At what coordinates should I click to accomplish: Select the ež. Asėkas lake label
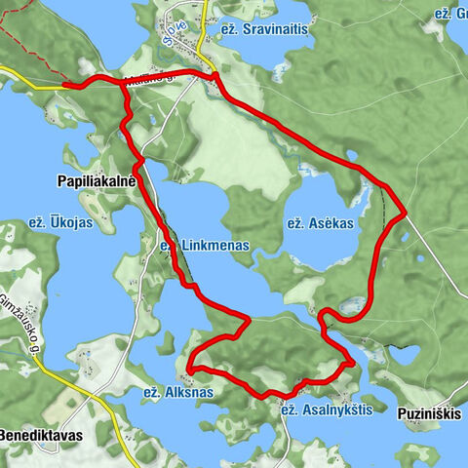[320, 223]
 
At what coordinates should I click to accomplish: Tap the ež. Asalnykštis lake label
[327, 410]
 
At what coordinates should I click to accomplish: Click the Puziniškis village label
[430, 413]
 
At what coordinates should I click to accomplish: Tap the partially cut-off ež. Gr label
[449, 14]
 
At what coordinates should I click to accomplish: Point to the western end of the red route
[66, 85]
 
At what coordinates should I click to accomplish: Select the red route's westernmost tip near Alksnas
[191, 369]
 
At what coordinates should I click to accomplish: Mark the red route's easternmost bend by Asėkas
[403, 212]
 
